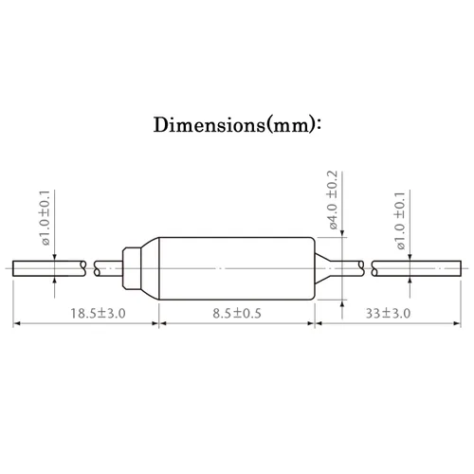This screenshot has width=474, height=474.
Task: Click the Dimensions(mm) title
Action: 237,125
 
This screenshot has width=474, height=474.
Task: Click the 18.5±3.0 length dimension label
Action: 98,314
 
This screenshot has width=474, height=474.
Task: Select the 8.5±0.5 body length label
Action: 237,314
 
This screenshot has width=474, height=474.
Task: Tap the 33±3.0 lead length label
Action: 388,314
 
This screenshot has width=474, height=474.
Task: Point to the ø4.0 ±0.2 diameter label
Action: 333,200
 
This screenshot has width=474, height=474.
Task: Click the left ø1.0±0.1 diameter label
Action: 45,218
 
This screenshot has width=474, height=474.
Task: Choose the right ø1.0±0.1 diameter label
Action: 400,221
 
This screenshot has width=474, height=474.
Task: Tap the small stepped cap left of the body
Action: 132,268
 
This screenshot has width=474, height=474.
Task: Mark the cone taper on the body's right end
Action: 322,268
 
